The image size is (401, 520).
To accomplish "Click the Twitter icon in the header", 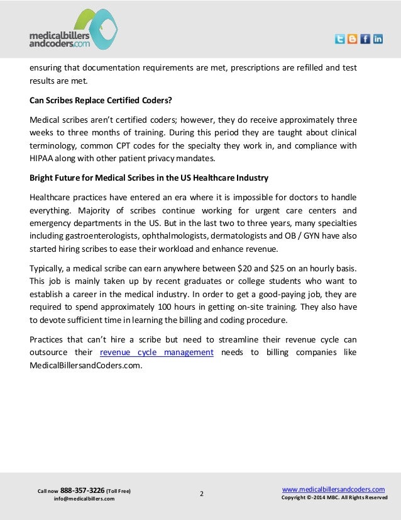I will [340, 39].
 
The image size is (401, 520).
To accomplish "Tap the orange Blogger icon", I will [353, 39].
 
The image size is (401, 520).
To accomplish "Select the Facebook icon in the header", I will [365, 39].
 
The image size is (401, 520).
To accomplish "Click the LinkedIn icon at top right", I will [378, 39].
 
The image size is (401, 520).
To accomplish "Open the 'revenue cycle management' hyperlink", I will [157, 353].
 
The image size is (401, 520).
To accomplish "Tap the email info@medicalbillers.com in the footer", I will [84, 499].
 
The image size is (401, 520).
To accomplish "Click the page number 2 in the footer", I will [201, 494].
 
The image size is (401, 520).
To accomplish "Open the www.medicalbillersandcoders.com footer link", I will [333, 489].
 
